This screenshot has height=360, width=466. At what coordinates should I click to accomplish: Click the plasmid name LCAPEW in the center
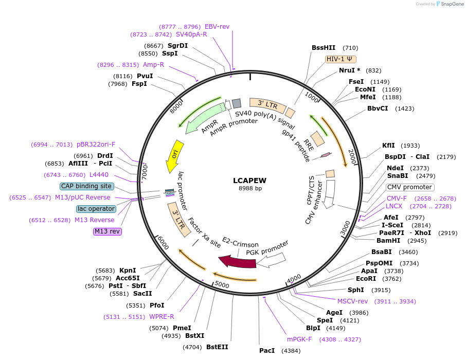tap(250, 180)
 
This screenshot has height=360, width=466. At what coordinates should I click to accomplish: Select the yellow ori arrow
tap(174, 156)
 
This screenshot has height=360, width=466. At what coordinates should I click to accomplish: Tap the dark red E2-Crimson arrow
tap(237, 262)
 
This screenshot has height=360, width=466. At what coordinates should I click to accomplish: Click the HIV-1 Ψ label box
tap(341, 59)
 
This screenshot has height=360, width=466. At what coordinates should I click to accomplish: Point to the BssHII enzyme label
tap(324, 48)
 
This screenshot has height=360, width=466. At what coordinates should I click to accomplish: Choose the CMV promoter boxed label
tap(409, 187)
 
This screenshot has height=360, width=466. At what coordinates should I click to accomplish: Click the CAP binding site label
tap(86, 186)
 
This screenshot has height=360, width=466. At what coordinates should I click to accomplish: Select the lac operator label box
tap(96, 209)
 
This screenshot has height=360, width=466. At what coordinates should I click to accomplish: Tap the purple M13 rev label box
tap(107, 231)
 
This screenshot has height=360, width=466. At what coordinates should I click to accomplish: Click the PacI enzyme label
tap(267, 351)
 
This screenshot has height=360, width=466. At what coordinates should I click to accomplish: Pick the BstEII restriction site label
tap(217, 347)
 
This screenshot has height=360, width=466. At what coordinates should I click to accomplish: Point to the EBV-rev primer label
tap(217, 26)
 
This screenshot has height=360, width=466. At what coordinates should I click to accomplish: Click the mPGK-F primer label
tap(299, 339)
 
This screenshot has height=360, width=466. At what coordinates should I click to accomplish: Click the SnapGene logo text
tap(450, 4)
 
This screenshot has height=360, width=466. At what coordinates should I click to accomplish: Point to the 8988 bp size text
tap(250, 189)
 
